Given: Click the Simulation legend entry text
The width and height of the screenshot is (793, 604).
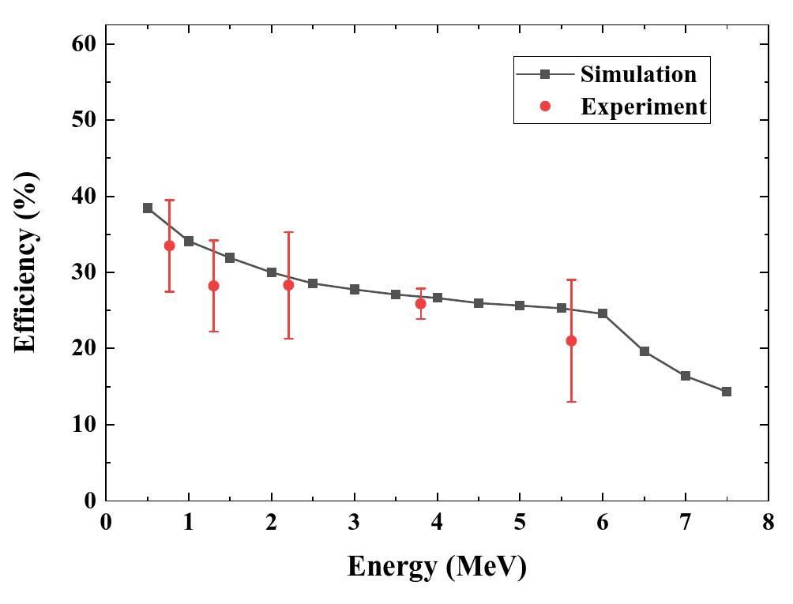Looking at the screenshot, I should tap(638, 74).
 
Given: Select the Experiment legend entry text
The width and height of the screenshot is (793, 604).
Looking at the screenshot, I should tap(643, 107).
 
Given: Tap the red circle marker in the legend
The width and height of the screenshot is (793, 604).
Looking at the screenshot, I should tap(545, 107).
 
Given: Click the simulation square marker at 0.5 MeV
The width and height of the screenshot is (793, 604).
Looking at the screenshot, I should tap(148, 208).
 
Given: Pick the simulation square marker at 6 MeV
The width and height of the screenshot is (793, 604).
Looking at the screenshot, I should tap(603, 313).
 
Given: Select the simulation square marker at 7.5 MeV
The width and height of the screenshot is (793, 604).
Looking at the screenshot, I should tap(727, 392).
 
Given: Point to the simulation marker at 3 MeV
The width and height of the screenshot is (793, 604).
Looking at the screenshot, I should tap(355, 290).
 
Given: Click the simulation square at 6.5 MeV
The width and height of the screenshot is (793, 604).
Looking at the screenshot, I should tap(645, 351).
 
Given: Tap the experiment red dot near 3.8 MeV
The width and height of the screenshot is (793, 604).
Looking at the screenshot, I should tap(420, 304).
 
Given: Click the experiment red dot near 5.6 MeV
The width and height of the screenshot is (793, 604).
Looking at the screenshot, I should tap(571, 341).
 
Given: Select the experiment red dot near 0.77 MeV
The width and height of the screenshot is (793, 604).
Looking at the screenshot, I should tap(169, 246).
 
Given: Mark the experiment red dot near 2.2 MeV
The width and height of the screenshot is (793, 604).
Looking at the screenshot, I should tap(288, 285).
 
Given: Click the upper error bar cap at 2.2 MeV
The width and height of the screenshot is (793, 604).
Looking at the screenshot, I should tap(288, 232).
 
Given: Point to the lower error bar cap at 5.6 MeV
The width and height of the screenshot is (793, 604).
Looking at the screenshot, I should tap(571, 402).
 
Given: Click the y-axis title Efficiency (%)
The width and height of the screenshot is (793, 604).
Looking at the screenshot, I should tap(25, 262).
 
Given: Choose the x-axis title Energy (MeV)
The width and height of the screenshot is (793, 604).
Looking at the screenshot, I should tap(436, 567).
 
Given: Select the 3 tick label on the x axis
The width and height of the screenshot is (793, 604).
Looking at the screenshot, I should tap(355, 523).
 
